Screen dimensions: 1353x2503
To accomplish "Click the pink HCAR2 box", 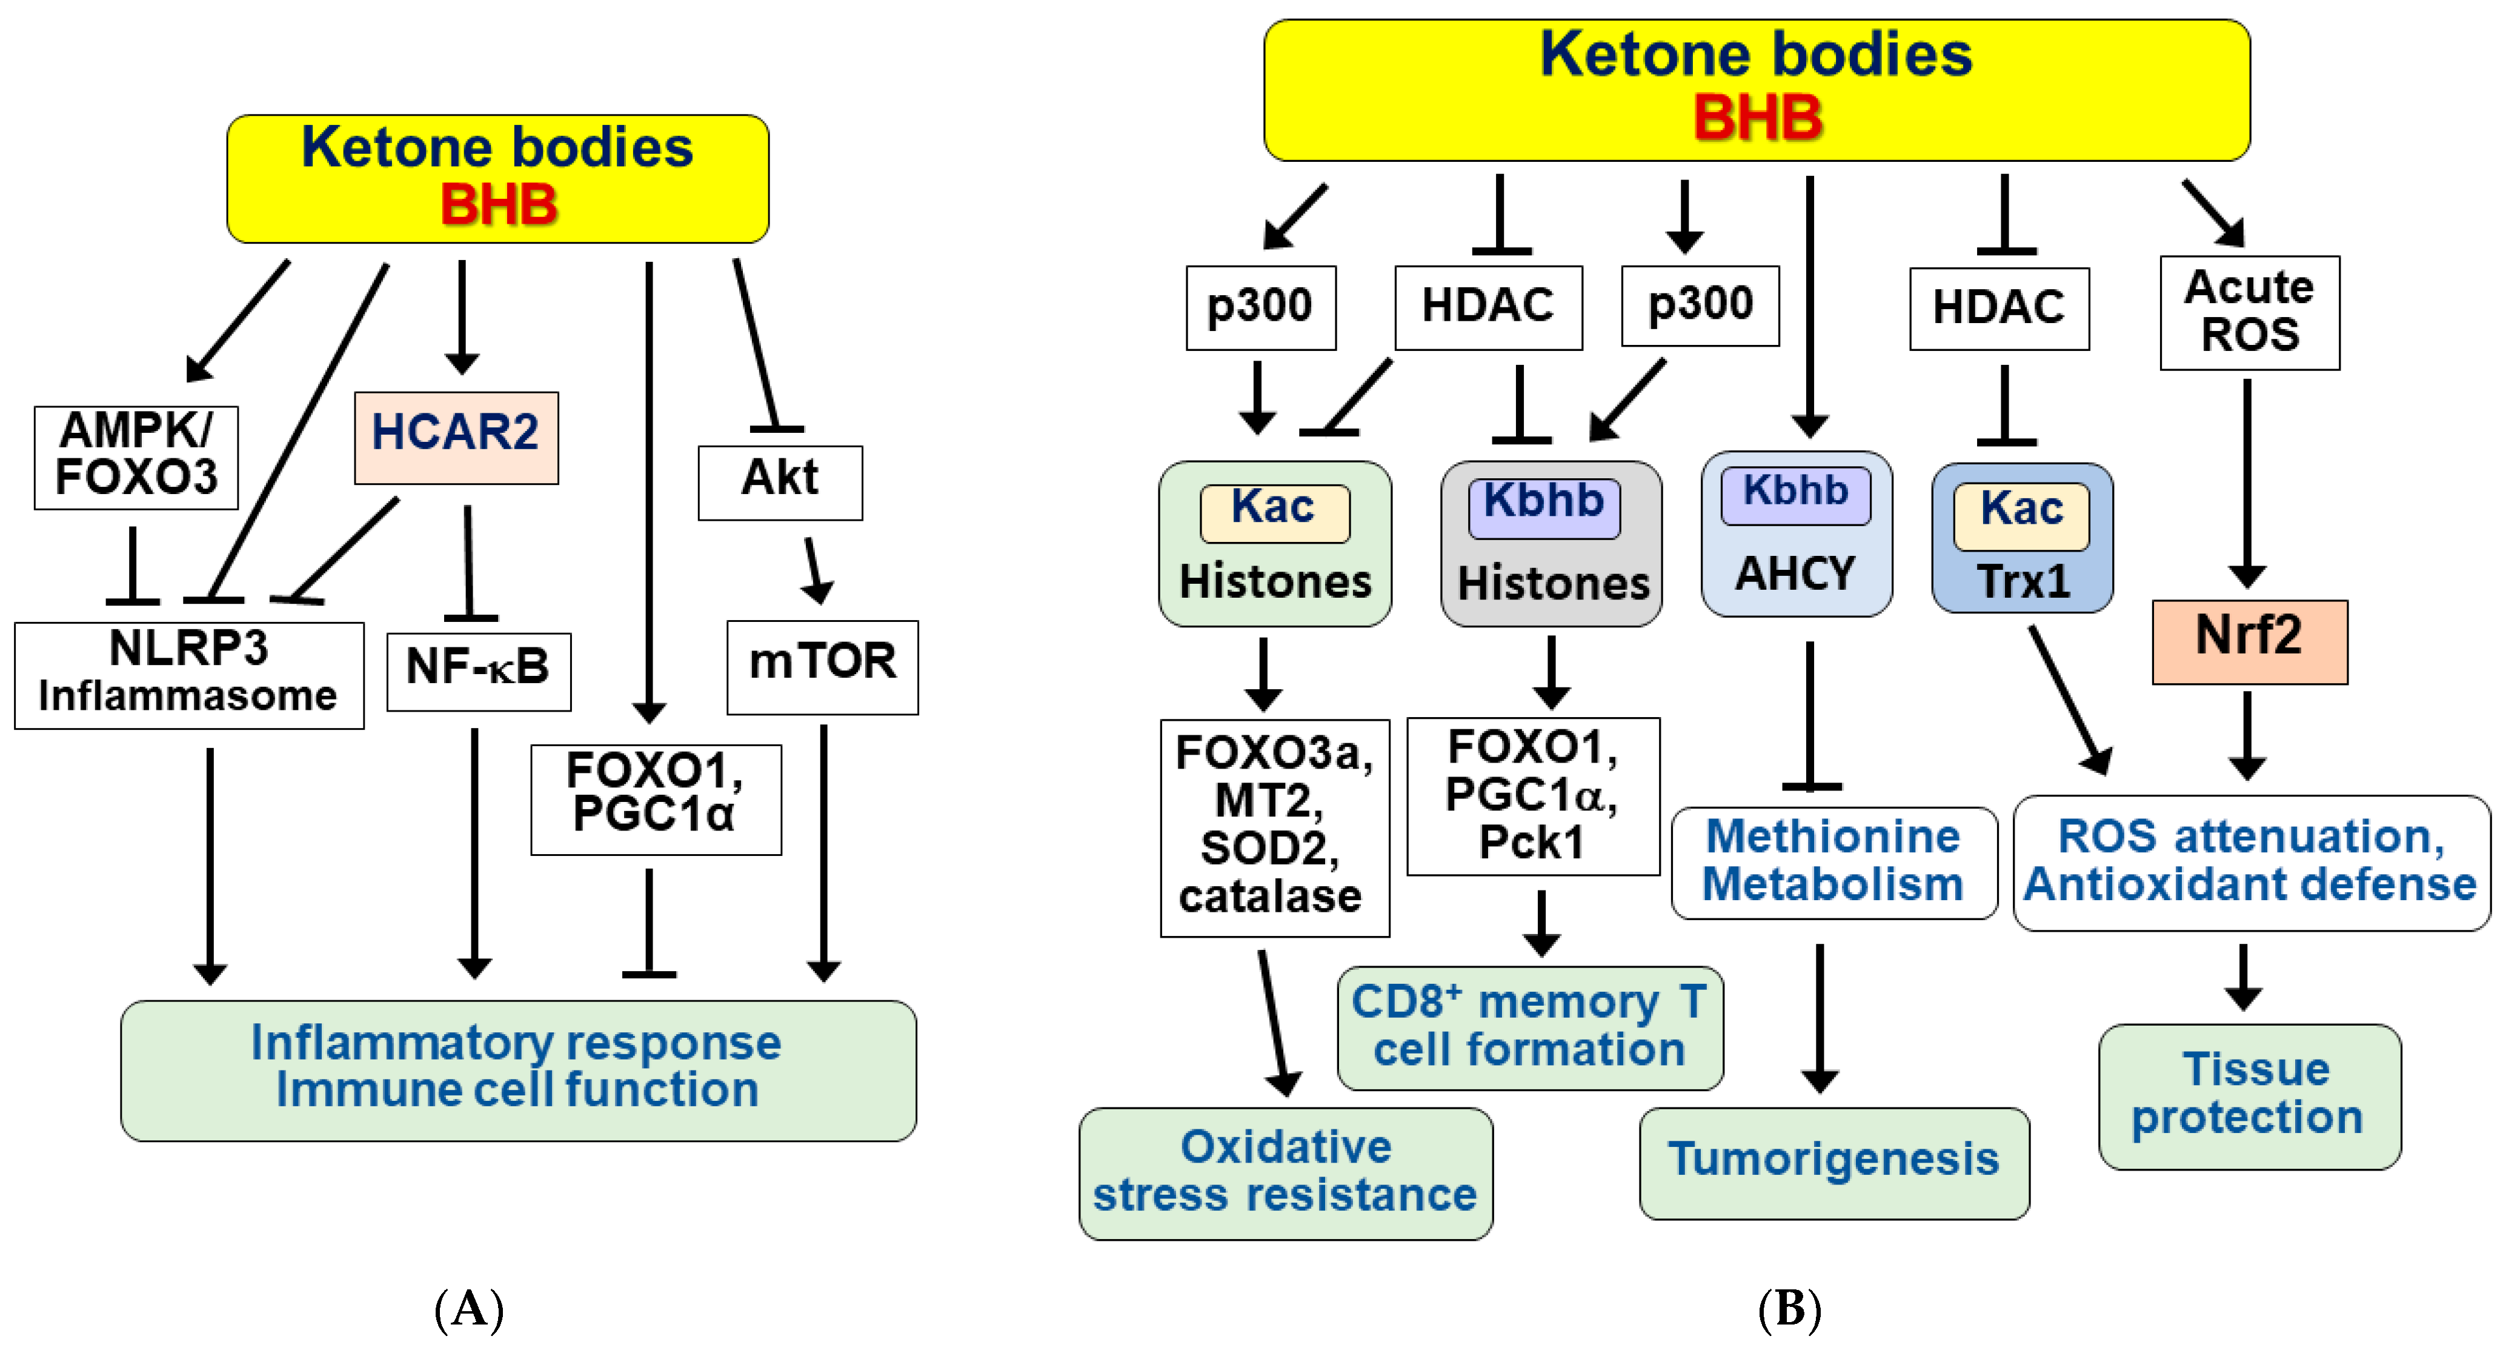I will coord(456,438).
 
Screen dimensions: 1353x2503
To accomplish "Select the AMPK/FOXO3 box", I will coord(136,457).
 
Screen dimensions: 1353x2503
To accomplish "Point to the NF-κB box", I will coord(478,670).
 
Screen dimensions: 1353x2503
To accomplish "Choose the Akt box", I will coord(779,482).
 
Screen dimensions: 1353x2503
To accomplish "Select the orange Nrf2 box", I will coord(2249,641).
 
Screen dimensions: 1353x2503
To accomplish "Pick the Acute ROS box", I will coord(2249,312).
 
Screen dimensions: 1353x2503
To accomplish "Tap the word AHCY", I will coord(1796,573).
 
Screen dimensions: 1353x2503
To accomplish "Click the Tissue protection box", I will coord(2249,1095).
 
